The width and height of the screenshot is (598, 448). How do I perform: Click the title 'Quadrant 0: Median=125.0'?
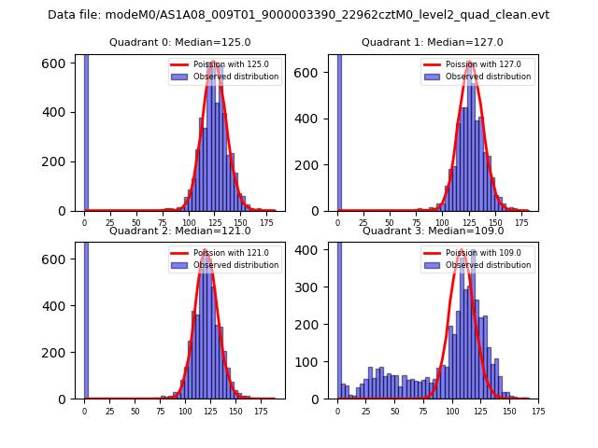[x=179, y=42]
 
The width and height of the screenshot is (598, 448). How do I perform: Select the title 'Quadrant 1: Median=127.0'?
[x=432, y=42]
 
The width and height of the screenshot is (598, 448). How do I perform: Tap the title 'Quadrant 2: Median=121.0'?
[x=179, y=231]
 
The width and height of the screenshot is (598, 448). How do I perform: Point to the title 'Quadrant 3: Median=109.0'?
[x=432, y=231]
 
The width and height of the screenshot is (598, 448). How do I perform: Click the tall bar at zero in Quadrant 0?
[x=86, y=131]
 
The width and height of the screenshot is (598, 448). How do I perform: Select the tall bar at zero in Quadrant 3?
[x=338, y=317]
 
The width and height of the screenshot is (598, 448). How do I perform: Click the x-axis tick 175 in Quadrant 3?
[x=537, y=410]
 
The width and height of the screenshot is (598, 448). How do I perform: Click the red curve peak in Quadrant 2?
[x=205, y=250]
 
